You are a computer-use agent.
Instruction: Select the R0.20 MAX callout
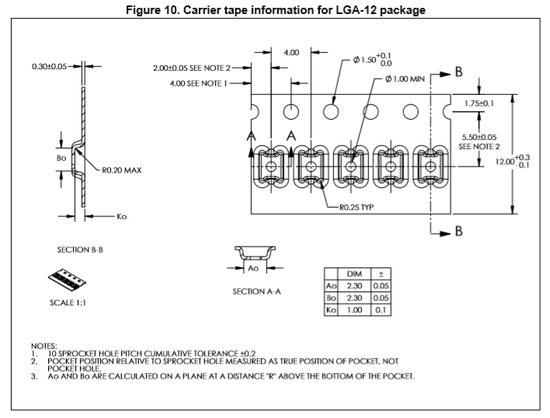pyautogui.click(x=122, y=169)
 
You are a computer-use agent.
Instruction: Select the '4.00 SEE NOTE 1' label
pyautogui.click(x=198, y=83)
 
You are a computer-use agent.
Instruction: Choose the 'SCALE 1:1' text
pyautogui.click(x=68, y=303)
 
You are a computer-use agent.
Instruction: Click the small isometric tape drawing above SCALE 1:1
pyautogui.click(x=67, y=278)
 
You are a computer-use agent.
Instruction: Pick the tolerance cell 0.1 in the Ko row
pyautogui.click(x=381, y=309)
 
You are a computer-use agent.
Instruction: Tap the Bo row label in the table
pyautogui.click(x=329, y=298)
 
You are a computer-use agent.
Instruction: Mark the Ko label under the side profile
pyautogui.click(x=121, y=217)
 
